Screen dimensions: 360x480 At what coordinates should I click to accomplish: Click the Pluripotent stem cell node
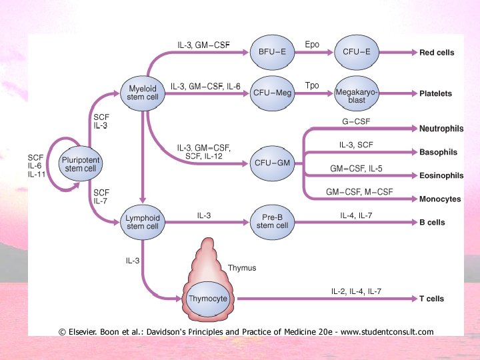[x=81, y=163]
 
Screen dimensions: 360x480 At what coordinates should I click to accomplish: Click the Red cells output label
[x=437, y=52]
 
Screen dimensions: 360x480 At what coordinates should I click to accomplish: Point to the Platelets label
[x=435, y=94]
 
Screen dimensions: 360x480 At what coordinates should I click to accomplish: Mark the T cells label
[x=431, y=299]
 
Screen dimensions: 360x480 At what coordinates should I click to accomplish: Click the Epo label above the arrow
[x=312, y=45]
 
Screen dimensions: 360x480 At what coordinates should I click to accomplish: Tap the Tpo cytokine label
[x=312, y=86]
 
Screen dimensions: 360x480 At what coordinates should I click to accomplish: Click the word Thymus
[x=242, y=268]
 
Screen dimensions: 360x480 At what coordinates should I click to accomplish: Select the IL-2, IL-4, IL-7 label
[x=356, y=292]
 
